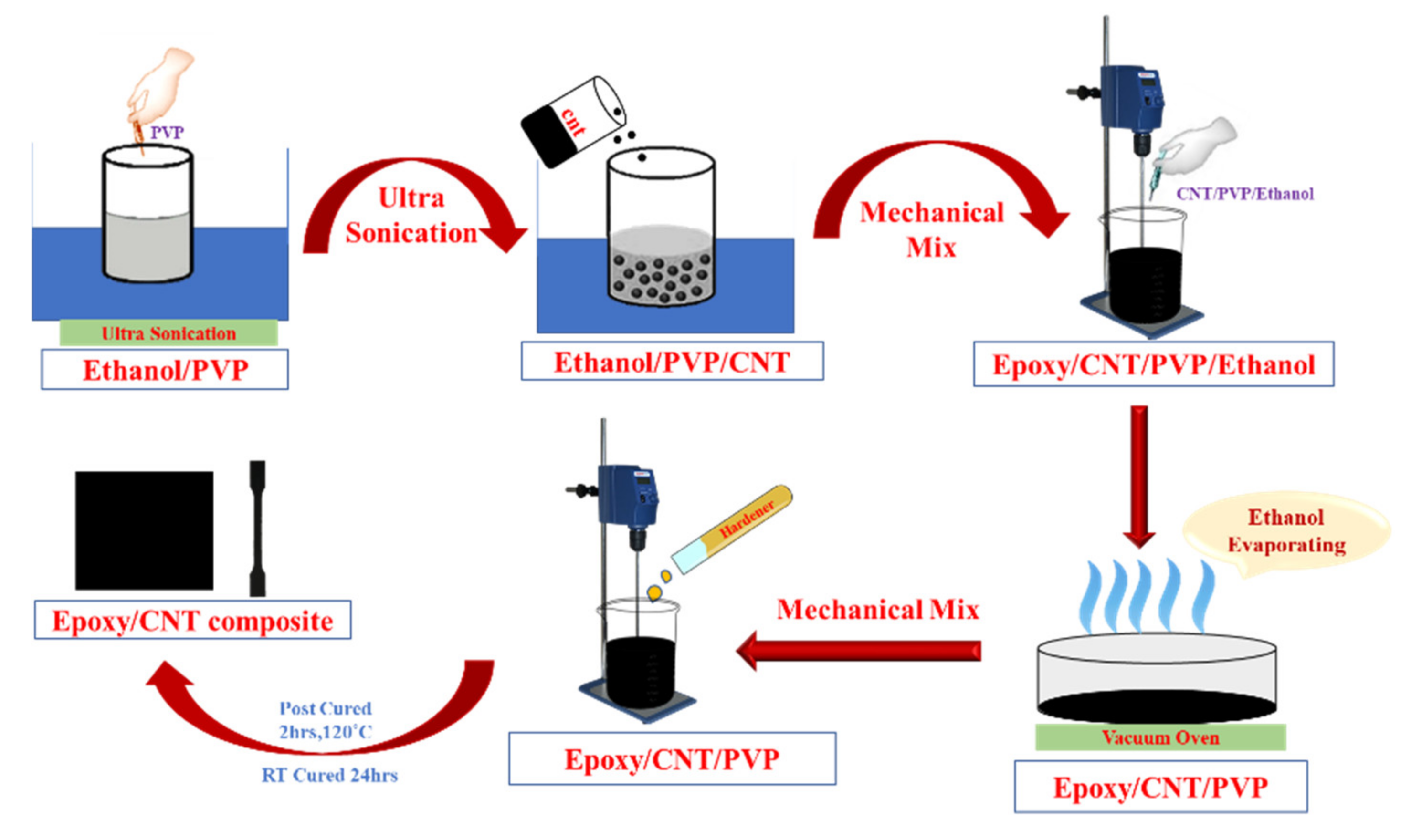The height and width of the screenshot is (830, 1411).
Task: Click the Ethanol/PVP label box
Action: click(165, 369)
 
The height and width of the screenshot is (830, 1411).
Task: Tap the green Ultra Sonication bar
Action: click(168, 333)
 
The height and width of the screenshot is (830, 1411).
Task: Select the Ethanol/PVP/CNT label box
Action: click(672, 362)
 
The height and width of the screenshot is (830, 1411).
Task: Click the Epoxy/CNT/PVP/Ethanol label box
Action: click(1153, 364)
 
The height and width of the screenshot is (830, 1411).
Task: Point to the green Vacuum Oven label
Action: click(1160, 737)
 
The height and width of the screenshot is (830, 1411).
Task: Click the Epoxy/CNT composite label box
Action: click(193, 620)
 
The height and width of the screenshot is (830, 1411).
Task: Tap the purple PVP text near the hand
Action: click(167, 133)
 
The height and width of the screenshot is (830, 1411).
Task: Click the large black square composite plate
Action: click(145, 530)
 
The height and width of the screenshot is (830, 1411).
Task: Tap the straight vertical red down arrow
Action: click(1139, 476)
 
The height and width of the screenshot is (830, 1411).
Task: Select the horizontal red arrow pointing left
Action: click(860, 650)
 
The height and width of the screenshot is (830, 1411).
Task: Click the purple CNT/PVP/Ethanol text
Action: click(1244, 194)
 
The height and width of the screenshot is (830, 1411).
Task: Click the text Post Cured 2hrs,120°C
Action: click(326, 720)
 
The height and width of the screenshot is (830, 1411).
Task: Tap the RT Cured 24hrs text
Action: click(330, 775)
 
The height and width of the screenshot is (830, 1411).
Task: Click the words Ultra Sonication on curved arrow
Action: click(411, 216)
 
